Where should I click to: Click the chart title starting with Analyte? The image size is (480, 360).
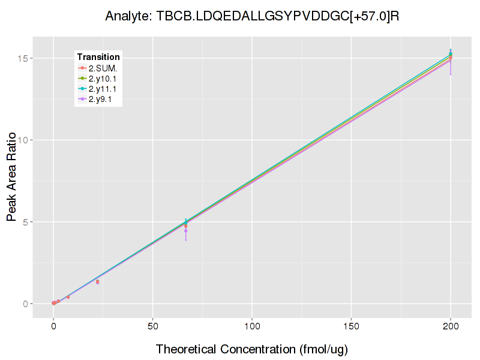pos(252,16)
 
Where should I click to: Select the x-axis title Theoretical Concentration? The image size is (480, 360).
pos(252,349)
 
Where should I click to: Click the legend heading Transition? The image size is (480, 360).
pos(98,57)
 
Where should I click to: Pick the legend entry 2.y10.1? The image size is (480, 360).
pos(104,79)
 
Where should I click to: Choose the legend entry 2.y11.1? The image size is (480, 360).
pos(104,89)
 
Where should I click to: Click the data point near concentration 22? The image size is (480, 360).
pos(97,281)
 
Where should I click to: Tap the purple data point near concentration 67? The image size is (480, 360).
pos(185,231)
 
